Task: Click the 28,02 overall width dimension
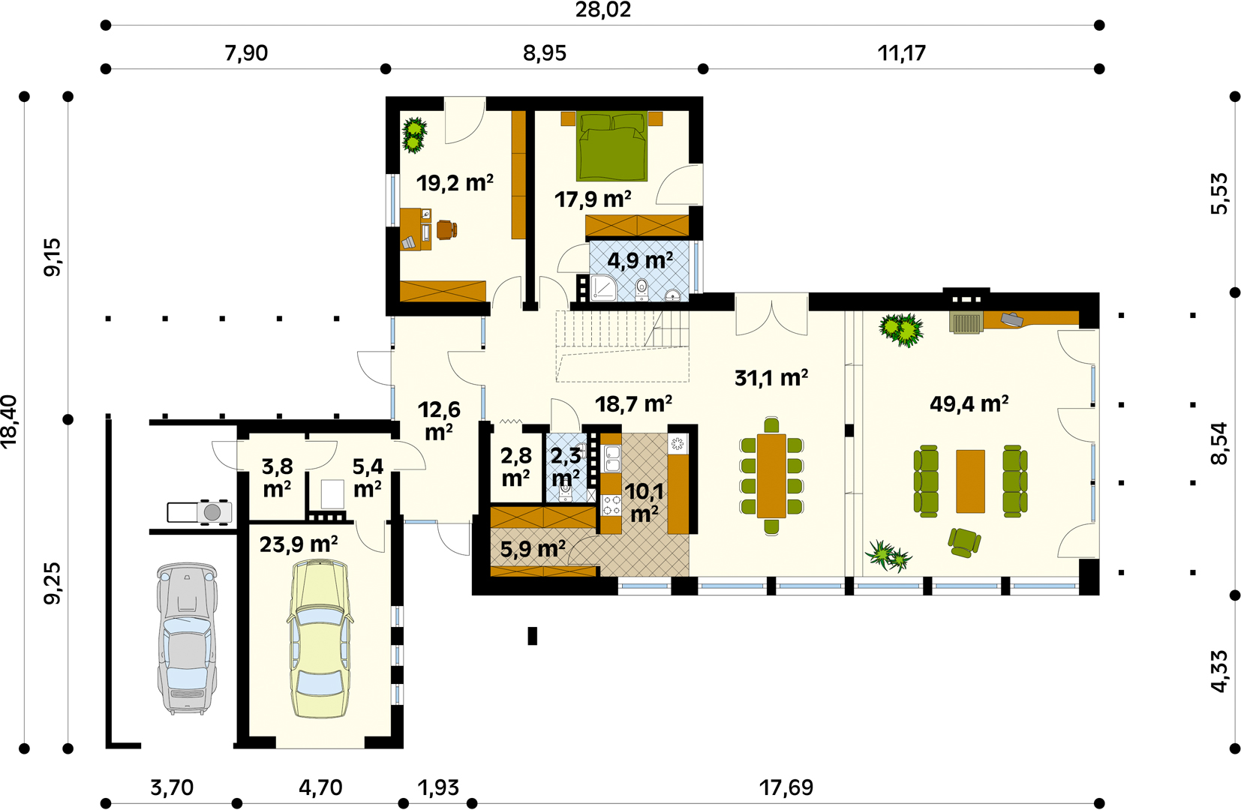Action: (x=602, y=10)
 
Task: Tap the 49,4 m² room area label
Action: (x=969, y=403)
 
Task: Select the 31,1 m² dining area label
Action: (x=771, y=377)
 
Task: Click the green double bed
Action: (x=611, y=146)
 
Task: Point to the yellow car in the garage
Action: (x=320, y=638)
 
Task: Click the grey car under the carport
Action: (x=187, y=638)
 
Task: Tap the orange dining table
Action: (x=771, y=475)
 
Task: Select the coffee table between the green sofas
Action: (x=970, y=481)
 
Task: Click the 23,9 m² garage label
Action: (x=299, y=544)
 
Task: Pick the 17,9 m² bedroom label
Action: (x=593, y=199)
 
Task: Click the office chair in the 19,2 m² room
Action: (x=446, y=229)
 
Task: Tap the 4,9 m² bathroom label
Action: (x=640, y=259)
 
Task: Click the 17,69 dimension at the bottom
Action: (x=786, y=787)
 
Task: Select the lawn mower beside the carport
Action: (x=200, y=512)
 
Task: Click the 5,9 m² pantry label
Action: (x=533, y=549)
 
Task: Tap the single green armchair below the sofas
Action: (x=964, y=542)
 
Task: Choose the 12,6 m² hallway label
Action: (x=439, y=421)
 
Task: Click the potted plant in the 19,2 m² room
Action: (x=414, y=134)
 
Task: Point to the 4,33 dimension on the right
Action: (x=1218, y=670)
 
